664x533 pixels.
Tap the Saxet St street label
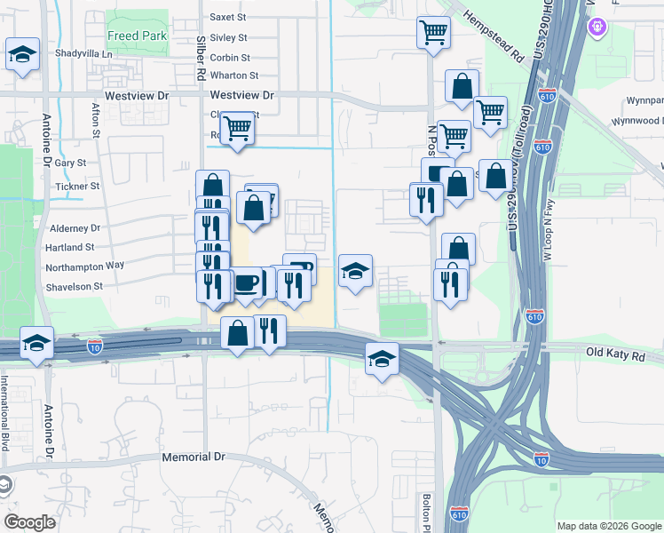(227, 17)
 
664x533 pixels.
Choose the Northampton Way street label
(86, 265)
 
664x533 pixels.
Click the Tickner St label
(77, 187)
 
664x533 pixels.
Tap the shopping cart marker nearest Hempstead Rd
(432, 32)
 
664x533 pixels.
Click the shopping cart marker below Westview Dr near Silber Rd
(237, 127)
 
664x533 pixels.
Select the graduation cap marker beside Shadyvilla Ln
(22, 53)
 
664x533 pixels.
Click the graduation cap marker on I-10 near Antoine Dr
(36, 342)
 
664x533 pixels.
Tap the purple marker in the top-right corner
(597, 27)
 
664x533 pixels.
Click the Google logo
(30, 521)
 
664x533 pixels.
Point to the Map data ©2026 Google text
(608, 526)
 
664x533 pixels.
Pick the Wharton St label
(234, 76)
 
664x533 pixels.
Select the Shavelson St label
(75, 286)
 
